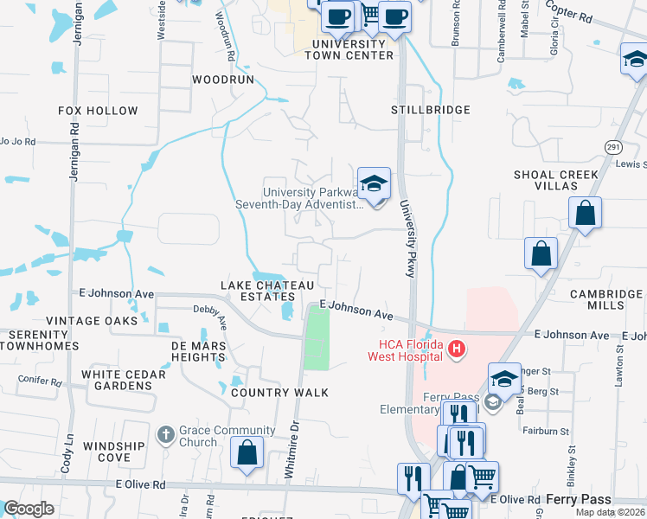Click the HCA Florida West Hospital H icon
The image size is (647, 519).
click(x=457, y=349)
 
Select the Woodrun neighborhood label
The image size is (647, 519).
click(x=223, y=79)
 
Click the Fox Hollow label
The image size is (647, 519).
click(x=98, y=111)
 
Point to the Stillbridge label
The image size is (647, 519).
click(x=430, y=110)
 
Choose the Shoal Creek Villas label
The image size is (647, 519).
click(x=556, y=180)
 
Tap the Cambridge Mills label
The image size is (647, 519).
click(x=605, y=300)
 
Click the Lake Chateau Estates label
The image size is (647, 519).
click(x=259, y=291)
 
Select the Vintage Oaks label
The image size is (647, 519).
click(x=92, y=321)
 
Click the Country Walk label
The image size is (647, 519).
click(x=279, y=393)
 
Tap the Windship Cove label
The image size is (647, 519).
click(x=113, y=451)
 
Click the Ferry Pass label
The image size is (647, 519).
click(x=579, y=499)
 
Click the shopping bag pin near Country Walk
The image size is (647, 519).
click(x=247, y=452)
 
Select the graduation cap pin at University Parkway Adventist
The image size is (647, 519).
click(x=374, y=184)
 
